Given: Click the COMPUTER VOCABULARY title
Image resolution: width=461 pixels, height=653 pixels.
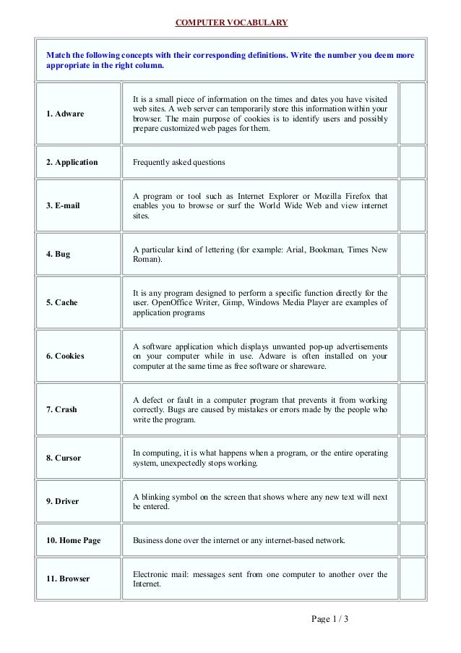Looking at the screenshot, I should [231, 22].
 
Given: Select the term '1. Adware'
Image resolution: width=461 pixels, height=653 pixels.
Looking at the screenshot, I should [65, 114].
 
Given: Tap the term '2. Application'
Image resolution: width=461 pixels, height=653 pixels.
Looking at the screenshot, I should [72, 163].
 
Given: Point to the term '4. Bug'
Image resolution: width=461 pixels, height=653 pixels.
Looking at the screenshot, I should [58, 255].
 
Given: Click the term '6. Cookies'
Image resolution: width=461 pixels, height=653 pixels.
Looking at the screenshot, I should [65, 356].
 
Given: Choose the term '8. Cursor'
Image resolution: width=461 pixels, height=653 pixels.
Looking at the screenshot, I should [64, 458].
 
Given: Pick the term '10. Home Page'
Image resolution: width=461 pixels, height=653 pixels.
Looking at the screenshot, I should [73, 540].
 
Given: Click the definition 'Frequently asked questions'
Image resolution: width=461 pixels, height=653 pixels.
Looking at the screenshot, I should [179, 163].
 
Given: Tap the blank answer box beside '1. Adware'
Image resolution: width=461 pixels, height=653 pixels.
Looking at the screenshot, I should [412, 114].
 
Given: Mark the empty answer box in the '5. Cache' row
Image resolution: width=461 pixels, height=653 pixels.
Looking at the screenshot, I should [412, 302].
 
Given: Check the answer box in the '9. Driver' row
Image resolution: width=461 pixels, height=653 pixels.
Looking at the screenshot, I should [412, 501].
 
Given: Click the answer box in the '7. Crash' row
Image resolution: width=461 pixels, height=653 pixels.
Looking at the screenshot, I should [412, 409].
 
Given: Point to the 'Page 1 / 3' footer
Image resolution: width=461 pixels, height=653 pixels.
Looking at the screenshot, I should [329, 619].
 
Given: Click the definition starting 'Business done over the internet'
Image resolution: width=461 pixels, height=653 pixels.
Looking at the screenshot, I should [239, 540].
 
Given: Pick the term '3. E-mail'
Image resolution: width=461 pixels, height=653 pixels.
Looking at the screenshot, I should [63, 205].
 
